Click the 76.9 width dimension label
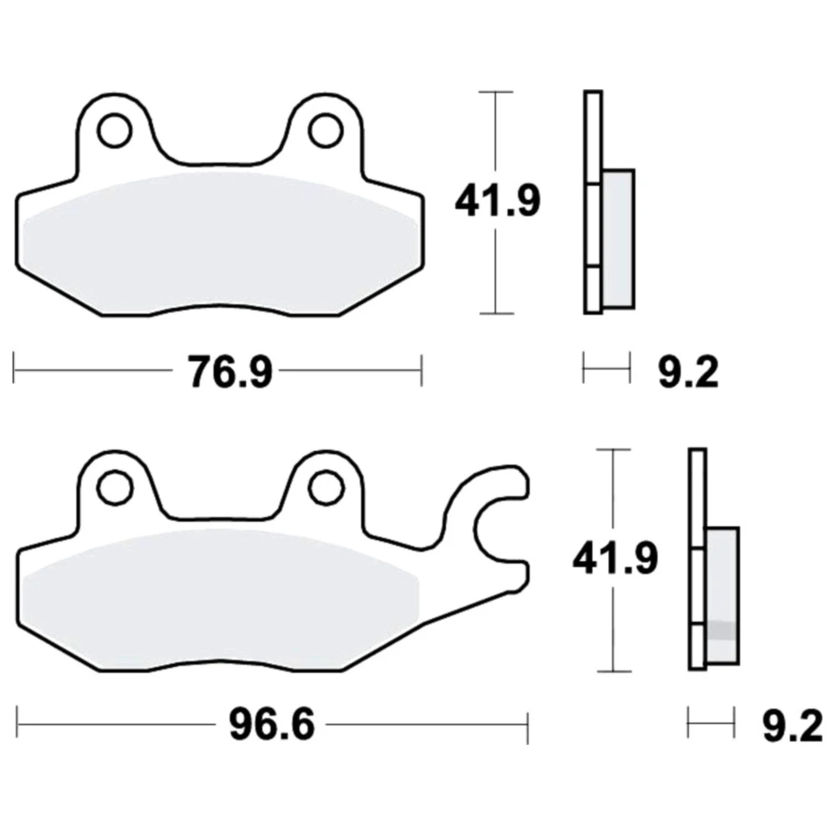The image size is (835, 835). (230, 372)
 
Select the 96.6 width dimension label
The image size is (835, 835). (271, 725)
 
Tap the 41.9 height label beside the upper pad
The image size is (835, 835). (498, 201)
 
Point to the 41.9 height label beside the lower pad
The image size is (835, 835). (615, 559)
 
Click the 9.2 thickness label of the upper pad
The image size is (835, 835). (688, 372)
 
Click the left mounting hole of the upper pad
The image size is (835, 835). (115, 130)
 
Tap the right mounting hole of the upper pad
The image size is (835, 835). (326, 130)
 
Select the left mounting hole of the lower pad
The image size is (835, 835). (115, 488)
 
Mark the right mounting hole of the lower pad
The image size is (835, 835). (325, 488)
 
